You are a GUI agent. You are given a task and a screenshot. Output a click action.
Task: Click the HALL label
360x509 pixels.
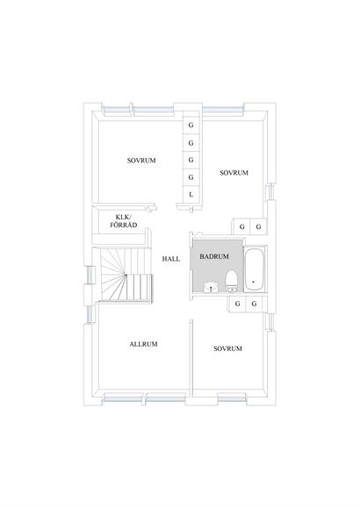(171, 259)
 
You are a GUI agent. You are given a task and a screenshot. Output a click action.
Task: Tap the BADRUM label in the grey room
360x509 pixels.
(214, 256)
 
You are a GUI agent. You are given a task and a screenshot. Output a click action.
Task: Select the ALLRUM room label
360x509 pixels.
(144, 344)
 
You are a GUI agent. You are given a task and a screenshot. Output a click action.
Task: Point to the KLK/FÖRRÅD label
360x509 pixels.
(124, 221)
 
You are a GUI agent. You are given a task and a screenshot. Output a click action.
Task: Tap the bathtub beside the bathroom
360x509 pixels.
(254, 269)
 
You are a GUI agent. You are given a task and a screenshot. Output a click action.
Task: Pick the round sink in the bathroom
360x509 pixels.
(212, 287)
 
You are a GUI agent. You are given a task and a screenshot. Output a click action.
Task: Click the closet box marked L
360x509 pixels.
(191, 195)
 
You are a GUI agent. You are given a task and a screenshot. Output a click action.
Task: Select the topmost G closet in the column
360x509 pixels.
(191, 125)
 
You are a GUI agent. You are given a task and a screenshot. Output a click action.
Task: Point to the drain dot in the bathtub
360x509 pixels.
(253, 282)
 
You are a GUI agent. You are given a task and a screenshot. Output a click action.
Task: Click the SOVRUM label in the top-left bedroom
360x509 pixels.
(141, 161)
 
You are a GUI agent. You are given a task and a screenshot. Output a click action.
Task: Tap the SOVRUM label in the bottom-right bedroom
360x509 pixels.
(227, 348)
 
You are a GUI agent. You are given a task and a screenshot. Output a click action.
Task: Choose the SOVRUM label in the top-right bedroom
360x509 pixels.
(234, 173)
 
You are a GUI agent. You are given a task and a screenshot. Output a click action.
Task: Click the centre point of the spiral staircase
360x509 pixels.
(126, 276)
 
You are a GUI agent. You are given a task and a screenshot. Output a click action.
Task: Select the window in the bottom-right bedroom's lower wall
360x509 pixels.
(231, 398)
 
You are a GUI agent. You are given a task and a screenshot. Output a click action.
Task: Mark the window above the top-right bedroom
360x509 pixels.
(223, 111)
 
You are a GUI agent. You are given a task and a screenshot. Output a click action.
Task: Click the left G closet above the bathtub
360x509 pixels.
(241, 227)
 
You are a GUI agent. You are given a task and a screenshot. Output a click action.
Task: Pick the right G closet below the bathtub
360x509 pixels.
(255, 304)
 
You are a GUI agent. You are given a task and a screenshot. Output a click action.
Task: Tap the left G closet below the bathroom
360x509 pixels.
(238, 304)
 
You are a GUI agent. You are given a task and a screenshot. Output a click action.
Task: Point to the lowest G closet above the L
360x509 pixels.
(191, 177)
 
